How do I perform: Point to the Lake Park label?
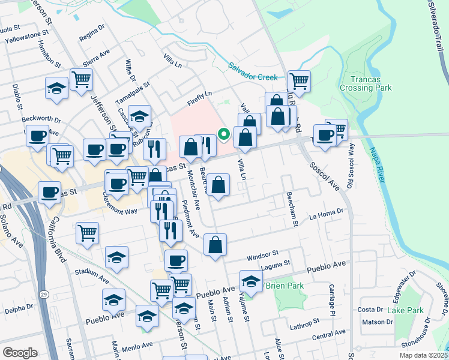(405, 310)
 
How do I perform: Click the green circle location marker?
(224, 134)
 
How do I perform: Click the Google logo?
(20, 353)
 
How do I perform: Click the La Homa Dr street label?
(327, 211)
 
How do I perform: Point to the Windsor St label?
(263, 255)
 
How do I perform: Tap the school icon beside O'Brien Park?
(251, 281)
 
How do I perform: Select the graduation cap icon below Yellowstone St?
(56, 88)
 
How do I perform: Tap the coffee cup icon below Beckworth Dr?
(38, 136)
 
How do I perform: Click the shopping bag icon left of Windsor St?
(215, 245)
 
